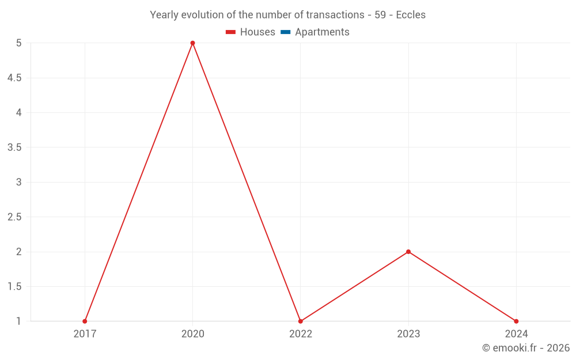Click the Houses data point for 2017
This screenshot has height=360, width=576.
85,321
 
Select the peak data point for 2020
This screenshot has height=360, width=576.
192,43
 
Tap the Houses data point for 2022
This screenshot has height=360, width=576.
301,321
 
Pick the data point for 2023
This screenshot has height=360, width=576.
408,252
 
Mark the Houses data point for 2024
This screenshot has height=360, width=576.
516,321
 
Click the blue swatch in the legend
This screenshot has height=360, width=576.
286,32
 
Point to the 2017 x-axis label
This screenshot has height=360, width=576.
85,334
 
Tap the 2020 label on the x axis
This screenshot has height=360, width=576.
192,334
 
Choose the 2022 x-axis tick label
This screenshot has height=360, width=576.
301,334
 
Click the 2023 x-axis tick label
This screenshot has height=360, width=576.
408,334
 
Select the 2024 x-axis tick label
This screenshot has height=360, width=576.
516,334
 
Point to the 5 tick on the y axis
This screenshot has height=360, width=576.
19,43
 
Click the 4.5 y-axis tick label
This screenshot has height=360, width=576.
14,78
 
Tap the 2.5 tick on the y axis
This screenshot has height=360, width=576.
14,217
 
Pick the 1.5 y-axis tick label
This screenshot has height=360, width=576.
14,287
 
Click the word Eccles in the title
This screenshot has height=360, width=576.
411,15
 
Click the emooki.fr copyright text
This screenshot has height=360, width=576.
525,348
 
